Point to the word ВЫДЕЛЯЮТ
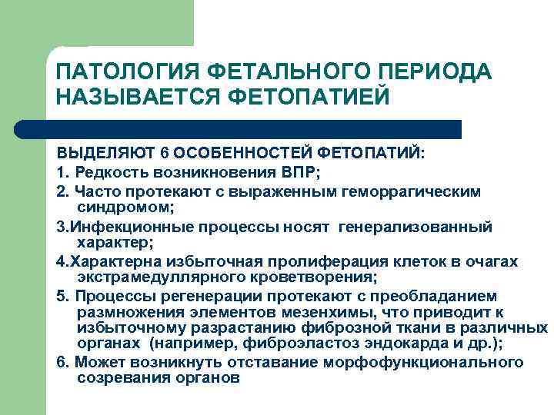99,153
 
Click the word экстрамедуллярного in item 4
152,277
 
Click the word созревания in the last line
120,378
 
